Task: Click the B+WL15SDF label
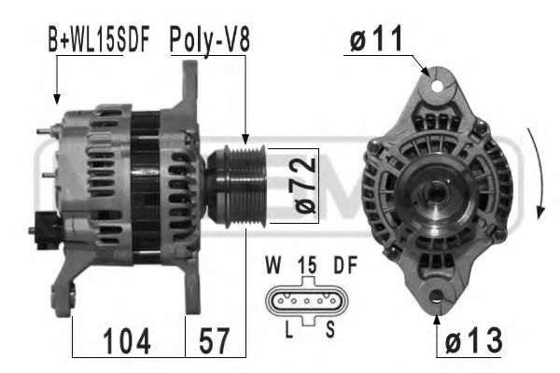pos(98,42)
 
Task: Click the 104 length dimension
pos(129,342)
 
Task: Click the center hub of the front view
pos(435,195)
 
